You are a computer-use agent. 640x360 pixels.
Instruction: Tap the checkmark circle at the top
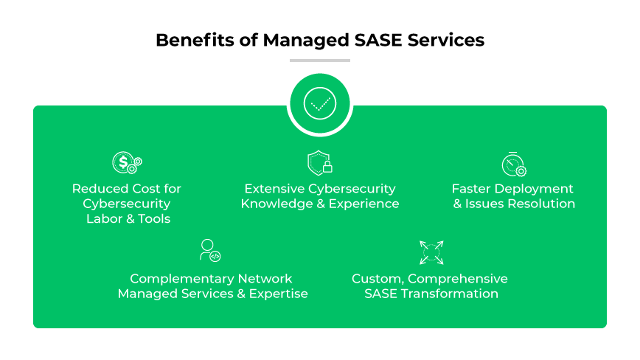[x=320, y=104]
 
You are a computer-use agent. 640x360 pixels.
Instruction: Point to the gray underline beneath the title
[x=320, y=60]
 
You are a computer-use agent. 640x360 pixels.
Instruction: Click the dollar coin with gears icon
[x=126, y=163]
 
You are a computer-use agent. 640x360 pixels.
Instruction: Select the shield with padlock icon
[x=319, y=163]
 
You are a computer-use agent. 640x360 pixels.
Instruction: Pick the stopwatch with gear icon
[x=513, y=164]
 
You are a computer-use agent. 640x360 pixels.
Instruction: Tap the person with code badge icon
[x=210, y=250]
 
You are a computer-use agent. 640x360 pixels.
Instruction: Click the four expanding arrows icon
[x=430, y=252]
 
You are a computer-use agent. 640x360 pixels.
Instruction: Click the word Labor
[x=104, y=218]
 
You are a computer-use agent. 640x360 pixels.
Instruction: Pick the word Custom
[x=377, y=279]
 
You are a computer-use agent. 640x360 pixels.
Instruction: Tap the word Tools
[x=153, y=218]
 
